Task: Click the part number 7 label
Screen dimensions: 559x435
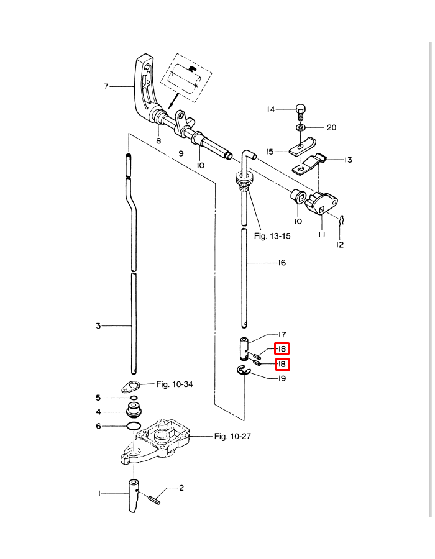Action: point(106,87)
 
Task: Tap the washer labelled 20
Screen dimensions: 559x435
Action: point(301,128)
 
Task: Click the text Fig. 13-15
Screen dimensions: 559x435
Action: point(272,236)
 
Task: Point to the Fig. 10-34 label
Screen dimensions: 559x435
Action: point(174,384)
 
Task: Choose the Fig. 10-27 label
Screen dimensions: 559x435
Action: point(233,436)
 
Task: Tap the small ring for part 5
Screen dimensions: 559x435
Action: point(134,398)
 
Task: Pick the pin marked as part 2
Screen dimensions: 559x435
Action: point(155,497)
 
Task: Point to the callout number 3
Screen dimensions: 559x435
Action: point(98,325)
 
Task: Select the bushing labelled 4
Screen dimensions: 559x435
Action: point(134,410)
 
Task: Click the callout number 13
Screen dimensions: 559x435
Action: point(348,160)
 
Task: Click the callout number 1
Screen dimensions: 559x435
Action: point(99,493)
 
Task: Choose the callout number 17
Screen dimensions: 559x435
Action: point(282,334)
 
